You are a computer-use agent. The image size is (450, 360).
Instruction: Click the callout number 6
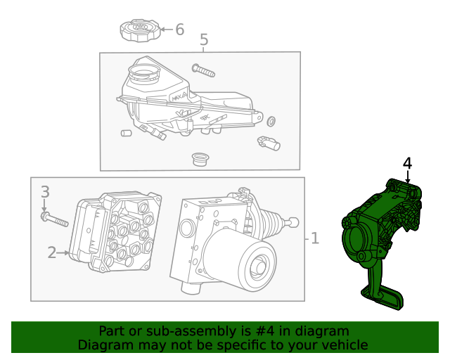179,30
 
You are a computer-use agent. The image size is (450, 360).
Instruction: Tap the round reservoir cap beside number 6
138,31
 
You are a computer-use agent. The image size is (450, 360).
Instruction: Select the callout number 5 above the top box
204,40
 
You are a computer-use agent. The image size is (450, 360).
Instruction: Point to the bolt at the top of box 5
202,70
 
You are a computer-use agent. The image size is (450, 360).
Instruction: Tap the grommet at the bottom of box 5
200,158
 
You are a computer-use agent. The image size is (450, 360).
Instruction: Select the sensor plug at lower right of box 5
269,142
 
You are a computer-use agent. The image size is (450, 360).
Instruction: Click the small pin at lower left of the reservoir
127,132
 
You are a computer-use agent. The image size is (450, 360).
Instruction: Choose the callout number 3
44,192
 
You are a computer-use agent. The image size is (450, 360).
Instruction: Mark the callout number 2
51,252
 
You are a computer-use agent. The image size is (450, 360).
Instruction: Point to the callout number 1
314,239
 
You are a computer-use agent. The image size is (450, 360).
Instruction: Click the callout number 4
407,163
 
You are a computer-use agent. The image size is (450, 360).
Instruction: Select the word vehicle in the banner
342,345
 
